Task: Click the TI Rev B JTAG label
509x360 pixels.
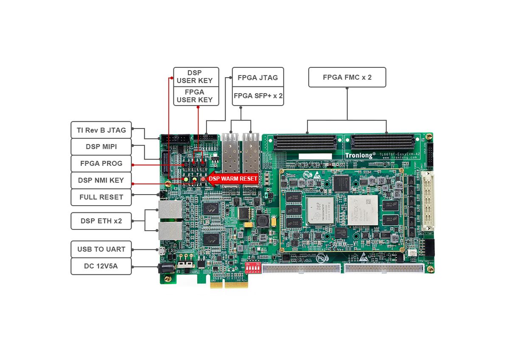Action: point(101,130)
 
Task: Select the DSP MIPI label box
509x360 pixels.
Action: point(101,147)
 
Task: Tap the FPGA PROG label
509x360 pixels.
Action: point(101,163)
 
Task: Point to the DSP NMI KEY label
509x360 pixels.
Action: point(101,180)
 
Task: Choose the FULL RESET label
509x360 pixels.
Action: point(101,197)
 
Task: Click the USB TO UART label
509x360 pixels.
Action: point(101,249)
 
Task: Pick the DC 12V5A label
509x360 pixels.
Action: point(101,266)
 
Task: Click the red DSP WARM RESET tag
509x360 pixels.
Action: point(232,179)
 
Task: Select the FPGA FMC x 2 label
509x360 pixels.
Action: point(347,77)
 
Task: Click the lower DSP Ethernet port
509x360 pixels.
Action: point(171,231)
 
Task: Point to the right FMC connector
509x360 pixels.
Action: point(383,142)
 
